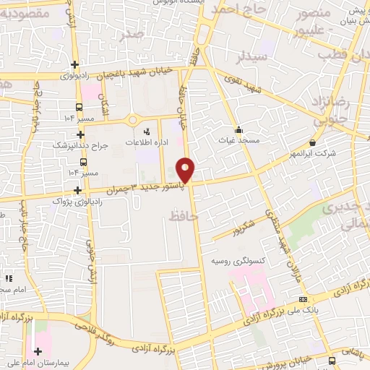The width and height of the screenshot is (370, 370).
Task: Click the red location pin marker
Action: point(186,170)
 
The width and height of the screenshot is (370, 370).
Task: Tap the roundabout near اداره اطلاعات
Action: point(133,119)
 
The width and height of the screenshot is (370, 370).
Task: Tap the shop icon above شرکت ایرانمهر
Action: point(312,142)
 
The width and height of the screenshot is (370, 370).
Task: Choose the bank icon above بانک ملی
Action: point(303,299)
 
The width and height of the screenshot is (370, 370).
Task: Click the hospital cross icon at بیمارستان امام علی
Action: point(38,351)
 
